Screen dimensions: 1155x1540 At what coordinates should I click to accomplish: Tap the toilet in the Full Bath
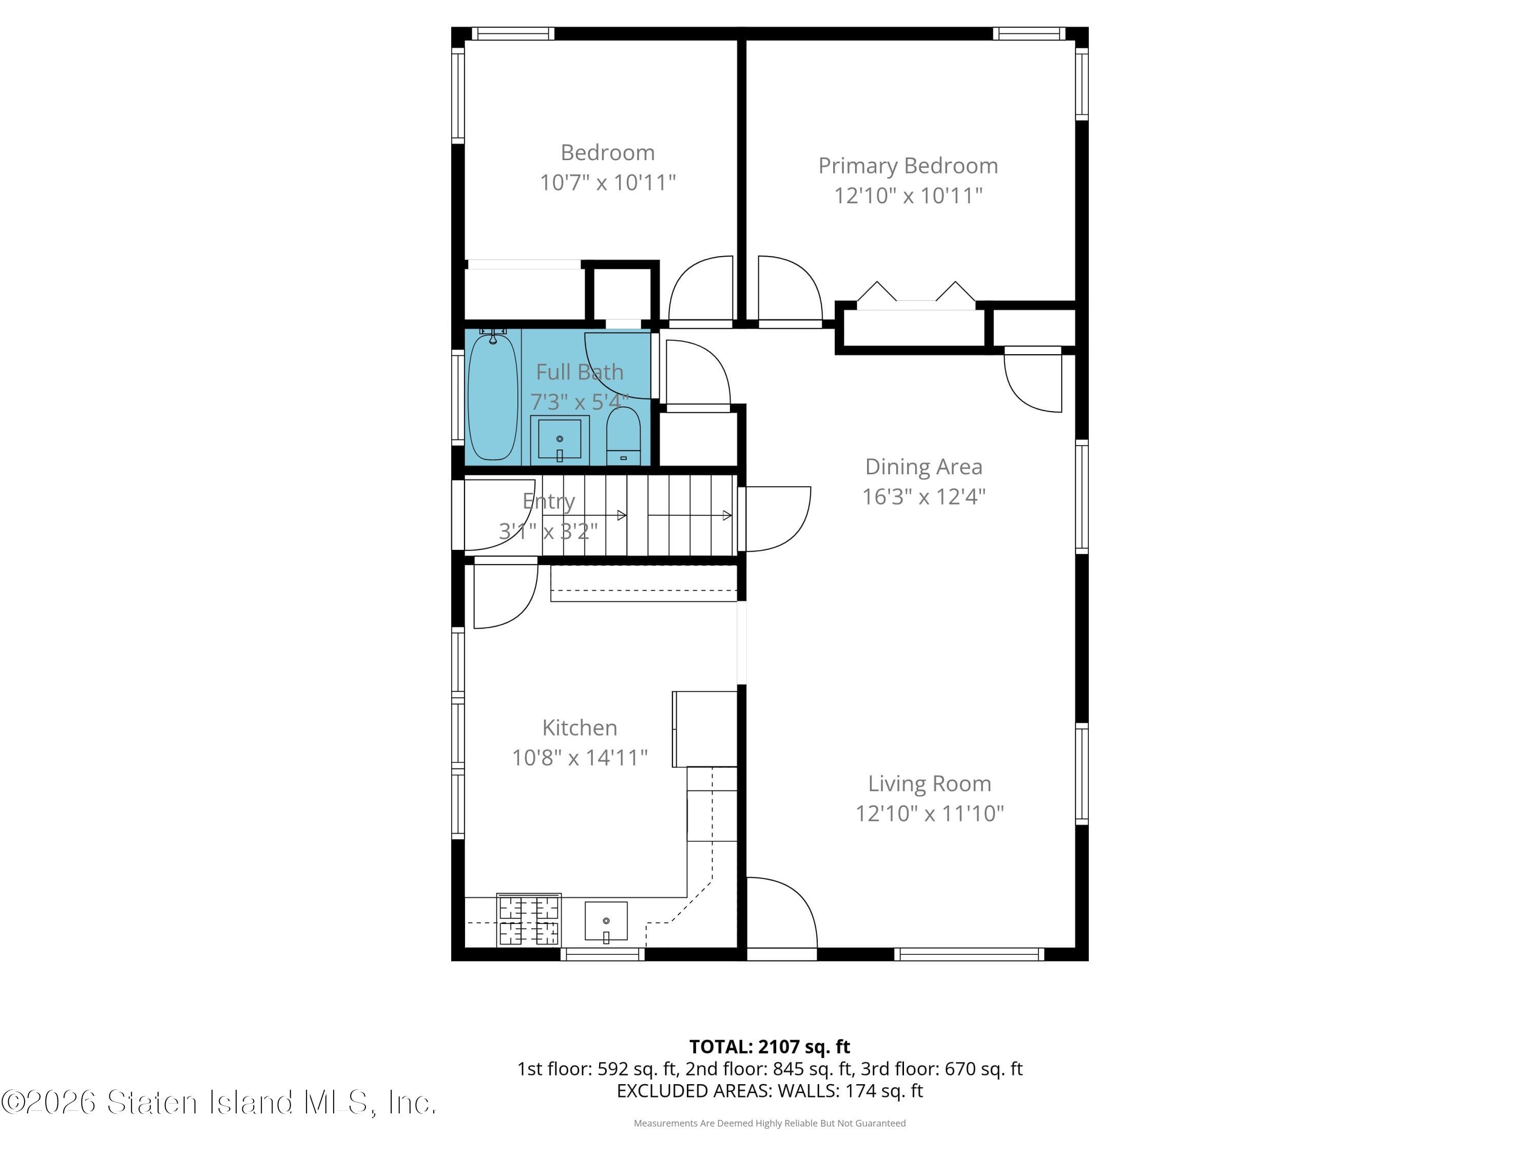pyautogui.click(x=623, y=436)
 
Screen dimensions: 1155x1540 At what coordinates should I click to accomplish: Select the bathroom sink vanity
pyautogui.click(x=559, y=440)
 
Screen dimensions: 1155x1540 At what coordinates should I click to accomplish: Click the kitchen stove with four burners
pyautogui.click(x=528, y=920)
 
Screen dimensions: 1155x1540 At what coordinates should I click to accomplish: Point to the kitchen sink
pyautogui.click(x=606, y=921)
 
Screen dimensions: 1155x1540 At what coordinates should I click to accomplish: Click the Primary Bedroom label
pyautogui.click(x=908, y=166)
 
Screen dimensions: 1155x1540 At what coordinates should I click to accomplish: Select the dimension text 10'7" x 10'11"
pyautogui.click(x=608, y=182)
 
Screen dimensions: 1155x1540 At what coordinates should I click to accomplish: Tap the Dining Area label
pyautogui.click(x=923, y=467)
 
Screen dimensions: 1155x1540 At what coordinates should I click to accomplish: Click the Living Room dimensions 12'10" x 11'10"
pyautogui.click(x=930, y=813)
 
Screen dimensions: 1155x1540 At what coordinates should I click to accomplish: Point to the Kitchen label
pyautogui.click(x=579, y=727)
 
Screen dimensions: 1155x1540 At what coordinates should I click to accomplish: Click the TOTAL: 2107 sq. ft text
pyautogui.click(x=769, y=1046)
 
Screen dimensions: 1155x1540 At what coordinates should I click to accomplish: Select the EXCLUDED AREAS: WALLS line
pyautogui.click(x=769, y=1091)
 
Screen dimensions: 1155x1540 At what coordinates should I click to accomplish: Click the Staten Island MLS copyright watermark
pyautogui.click(x=219, y=1102)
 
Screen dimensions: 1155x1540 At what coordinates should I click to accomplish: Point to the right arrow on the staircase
pyautogui.click(x=726, y=515)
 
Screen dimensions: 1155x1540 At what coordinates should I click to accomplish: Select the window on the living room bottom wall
pyautogui.click(x=969, y=954)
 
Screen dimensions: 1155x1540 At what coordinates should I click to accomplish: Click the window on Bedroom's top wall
pyautogui.click(x=513, y=33)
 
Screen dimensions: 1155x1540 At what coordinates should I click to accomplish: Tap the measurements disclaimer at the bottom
pyautogui.click(x=769, y=1123)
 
